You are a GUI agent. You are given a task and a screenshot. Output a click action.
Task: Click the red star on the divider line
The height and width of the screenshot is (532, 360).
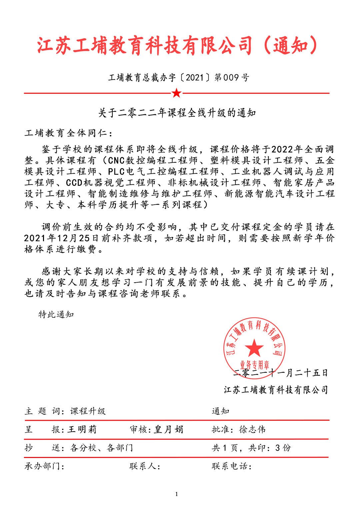176,93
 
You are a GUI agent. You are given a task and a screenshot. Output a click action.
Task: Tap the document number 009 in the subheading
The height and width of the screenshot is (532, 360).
231,78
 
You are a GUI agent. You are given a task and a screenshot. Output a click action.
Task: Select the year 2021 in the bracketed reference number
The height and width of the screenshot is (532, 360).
195,78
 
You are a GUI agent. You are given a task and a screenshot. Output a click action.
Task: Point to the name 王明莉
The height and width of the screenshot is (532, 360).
82,429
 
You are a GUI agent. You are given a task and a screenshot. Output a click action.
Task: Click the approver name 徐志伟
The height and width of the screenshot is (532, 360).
252,429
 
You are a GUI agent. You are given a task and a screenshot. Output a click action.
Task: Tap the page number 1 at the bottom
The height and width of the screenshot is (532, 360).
176,494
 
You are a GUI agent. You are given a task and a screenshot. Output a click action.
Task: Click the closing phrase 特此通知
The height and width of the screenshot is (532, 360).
56,314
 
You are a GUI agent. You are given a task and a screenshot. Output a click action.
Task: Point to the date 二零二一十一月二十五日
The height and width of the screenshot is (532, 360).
280,373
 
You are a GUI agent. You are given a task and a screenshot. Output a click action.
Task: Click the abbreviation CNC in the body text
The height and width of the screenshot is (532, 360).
116,161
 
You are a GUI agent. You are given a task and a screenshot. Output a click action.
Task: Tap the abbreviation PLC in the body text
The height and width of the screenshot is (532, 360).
116,172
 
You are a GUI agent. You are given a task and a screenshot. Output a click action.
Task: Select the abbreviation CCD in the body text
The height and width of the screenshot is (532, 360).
74,183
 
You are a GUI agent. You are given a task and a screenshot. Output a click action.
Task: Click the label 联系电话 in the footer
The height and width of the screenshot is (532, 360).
230,466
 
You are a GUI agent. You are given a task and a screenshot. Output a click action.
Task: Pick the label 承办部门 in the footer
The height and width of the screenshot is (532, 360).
42,466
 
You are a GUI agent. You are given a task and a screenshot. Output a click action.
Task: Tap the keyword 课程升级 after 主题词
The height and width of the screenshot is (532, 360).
88,411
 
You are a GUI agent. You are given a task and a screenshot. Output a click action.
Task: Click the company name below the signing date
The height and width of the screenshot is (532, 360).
276,390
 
